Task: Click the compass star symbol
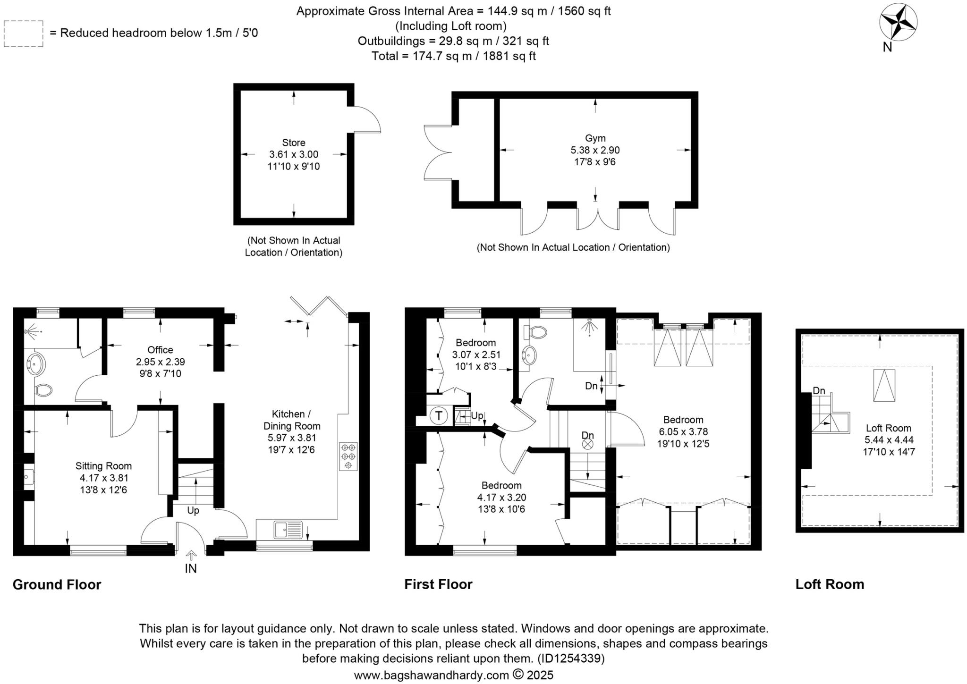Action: pos(898,23)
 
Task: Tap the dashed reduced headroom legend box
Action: pos(23,34)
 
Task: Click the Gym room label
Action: pos(595,138)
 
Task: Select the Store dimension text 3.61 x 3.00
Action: pos(294,154)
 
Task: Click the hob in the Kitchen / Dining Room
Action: pos(348,456)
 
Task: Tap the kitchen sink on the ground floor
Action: pos(288,530)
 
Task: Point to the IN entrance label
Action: pos(191,569)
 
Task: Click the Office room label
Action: pos(160,350)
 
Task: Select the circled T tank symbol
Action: pos(439,416)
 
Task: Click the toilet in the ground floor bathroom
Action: pos(43,390)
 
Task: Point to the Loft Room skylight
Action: pos(884,386)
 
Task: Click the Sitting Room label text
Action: pos(103,466)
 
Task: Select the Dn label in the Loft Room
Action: pos(819,391)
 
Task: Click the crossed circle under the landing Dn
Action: pos(587,444)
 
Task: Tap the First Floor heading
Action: pos(438,584)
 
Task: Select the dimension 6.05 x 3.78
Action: pos(683,432)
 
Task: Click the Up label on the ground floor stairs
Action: pos(193,511)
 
